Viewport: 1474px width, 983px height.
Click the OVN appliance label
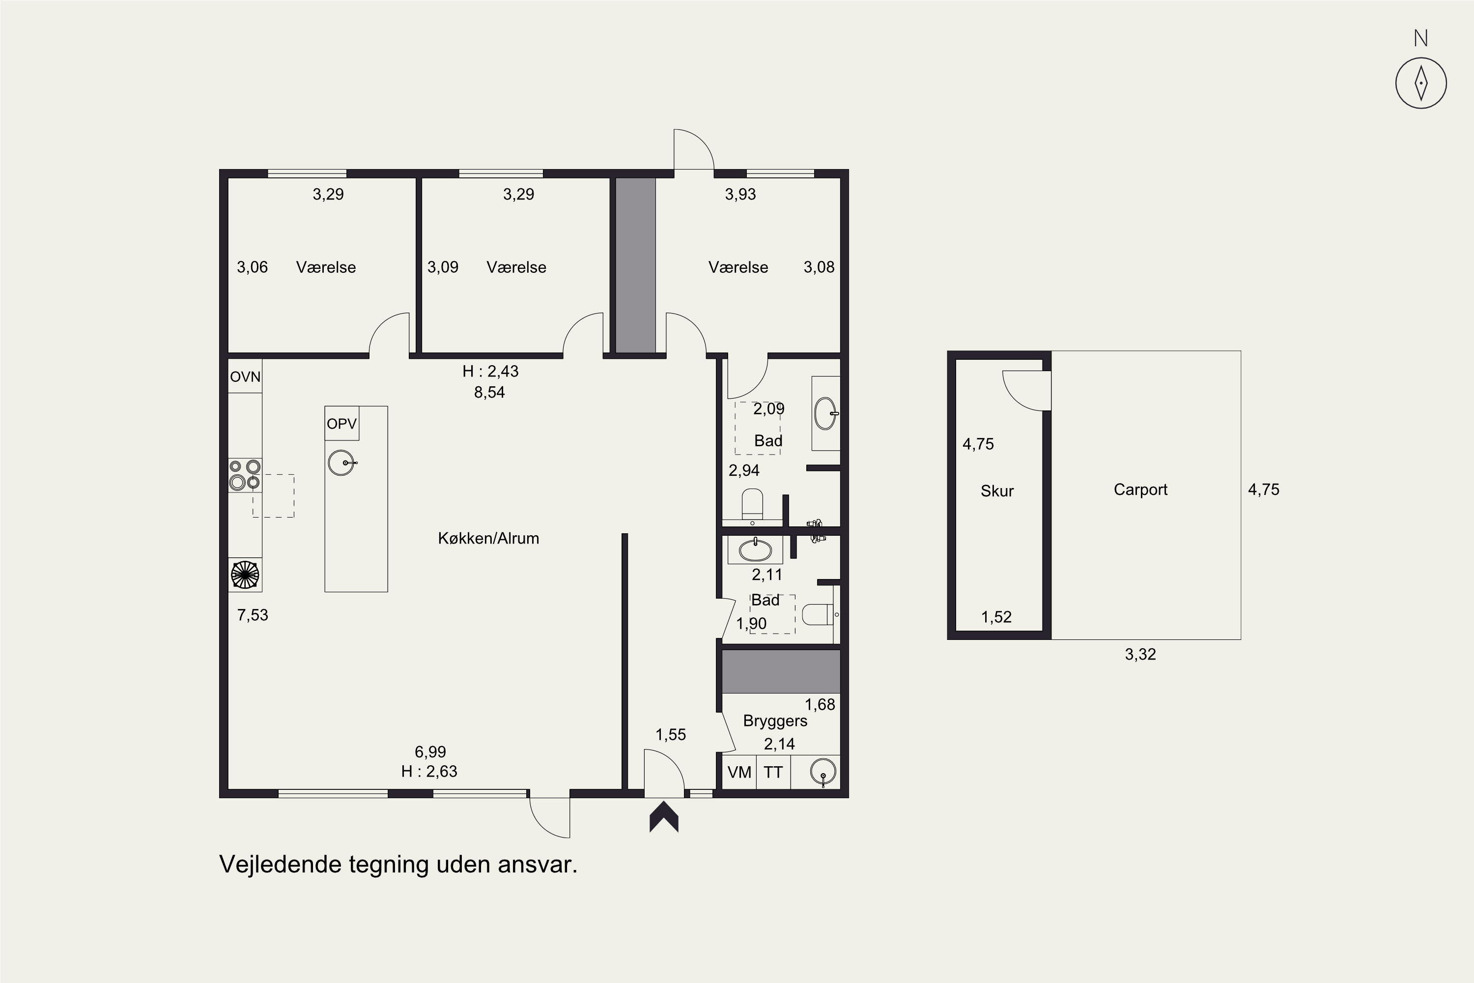click(245, 377)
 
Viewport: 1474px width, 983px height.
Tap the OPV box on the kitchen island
click(341, 423)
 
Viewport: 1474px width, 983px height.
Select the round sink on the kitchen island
click(342, 463)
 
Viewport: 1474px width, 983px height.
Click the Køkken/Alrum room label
click(488, 538)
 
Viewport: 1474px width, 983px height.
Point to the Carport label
click(1140, 490)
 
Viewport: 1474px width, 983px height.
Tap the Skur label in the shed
click(997, 491)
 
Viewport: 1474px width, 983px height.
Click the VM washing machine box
click(739, 772)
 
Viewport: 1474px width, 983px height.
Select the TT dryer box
click(773, 772)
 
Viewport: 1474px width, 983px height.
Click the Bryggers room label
click(775, 721)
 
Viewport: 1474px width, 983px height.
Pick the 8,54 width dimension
click(489, 392)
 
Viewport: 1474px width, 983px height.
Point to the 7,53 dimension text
click(253, 615)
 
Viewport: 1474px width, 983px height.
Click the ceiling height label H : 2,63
click(429, 771)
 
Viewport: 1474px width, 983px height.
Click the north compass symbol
click(1421, 83)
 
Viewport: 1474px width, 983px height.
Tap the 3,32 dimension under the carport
click(1140, 655)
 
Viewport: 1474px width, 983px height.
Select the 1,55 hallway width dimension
click(671, 735)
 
